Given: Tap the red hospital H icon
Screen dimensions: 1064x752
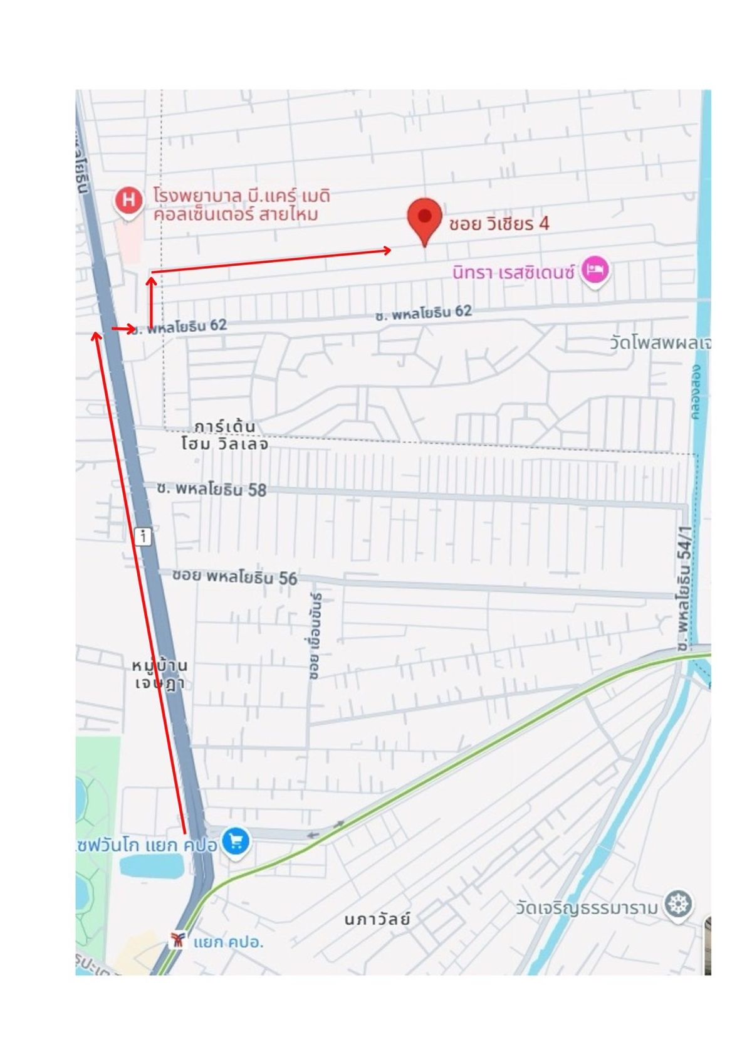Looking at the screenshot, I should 128,201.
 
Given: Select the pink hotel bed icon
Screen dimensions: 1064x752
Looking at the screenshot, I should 594,270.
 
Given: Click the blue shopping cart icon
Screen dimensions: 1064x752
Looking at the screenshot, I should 236,841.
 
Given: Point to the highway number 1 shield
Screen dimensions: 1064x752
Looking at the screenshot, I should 144,536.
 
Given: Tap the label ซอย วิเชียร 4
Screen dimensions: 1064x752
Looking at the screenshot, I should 499,224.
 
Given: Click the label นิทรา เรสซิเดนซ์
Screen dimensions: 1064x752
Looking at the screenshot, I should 513,273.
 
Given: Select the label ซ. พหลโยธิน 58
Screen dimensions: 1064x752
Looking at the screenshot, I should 212,489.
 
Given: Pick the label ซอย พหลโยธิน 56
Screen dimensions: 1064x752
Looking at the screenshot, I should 234,577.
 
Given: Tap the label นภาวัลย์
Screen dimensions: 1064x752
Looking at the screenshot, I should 377,920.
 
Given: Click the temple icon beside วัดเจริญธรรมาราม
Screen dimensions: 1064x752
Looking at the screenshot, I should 679,905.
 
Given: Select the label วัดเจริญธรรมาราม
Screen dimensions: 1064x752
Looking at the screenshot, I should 587,908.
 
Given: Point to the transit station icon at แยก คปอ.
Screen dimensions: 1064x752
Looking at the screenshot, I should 178,940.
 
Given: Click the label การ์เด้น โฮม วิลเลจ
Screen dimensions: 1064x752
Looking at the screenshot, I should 224,435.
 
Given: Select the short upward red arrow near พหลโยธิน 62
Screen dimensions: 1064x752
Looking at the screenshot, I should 151,301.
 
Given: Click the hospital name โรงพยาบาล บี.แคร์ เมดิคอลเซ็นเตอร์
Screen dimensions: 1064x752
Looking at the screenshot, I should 241,205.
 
